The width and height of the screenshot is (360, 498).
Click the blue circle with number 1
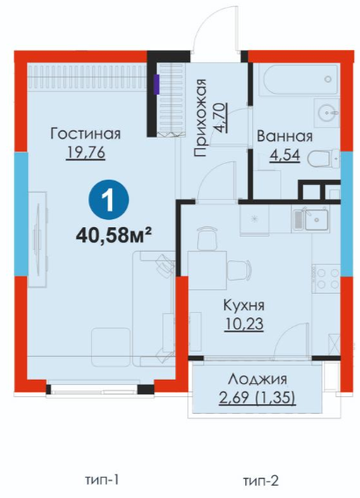click(x=109, y=200)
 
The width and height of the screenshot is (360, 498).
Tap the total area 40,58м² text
click(x=113, y=236)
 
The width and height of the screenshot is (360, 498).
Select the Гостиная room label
click(x=86, y=134)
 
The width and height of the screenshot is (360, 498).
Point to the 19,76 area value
click(x=86, y=153)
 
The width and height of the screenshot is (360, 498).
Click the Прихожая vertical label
click(x=201, y=117)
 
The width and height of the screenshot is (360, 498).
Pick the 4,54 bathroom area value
click(x=285, y=156)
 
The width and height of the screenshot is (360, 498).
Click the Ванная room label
click(x=285, y=136)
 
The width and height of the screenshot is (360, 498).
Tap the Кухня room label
click(x=244, y=305)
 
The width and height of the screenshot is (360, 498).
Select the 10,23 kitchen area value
click(x=244, y=324)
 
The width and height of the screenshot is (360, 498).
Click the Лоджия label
click(x=258, y=379)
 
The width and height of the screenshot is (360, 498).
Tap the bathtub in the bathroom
click(x=298, y=79)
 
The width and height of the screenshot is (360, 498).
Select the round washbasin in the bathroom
click(x=326, y=111)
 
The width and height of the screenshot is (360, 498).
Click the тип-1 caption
click(x=102, y=480)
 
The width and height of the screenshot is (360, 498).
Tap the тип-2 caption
click(x=261, y=480)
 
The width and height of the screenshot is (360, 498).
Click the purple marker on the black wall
click(x=156, y=84)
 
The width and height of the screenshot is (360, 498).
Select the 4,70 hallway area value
click(x=221, y=117)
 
